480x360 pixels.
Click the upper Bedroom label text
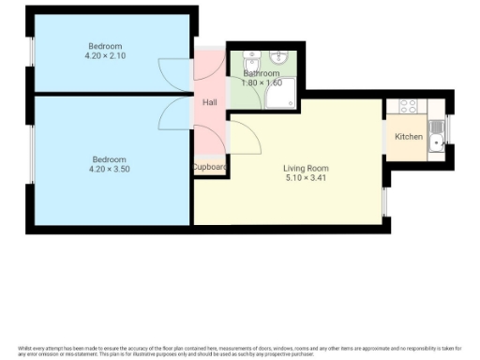(105, 46)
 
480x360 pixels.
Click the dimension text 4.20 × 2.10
(105, 55)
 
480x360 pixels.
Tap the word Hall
(210, 102)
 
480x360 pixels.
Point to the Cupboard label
(210, 167)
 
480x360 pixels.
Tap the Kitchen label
(408, 137)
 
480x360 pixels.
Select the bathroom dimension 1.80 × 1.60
(262, 82)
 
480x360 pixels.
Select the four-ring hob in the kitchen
(408, 106)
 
